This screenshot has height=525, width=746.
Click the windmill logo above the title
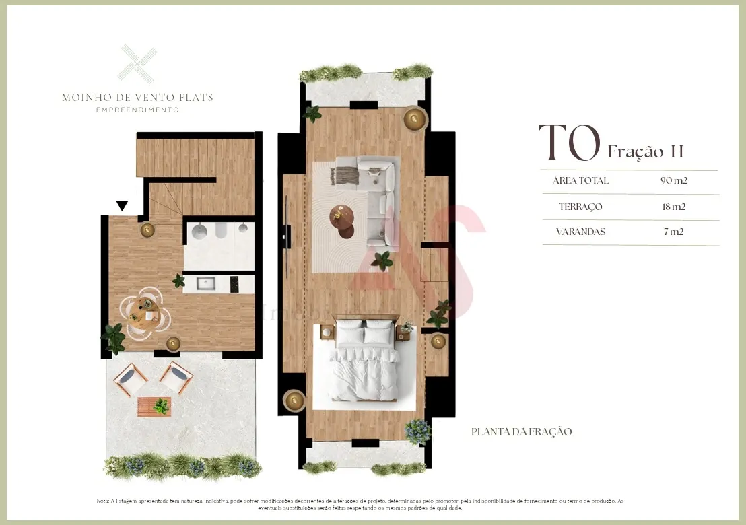tap(137, 63)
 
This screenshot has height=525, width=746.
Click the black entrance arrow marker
tap(122, 205)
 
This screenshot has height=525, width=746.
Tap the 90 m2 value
tap(673, 180)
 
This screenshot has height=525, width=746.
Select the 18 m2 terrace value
tap(673, 207)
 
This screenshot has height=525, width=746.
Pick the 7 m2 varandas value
tap(673, 232)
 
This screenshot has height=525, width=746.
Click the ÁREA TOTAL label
tap(580, 180)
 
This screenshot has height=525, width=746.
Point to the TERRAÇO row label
tap(580, 207)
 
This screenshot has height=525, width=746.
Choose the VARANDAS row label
tap(580, 232)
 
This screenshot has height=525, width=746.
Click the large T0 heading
tap(569, 143)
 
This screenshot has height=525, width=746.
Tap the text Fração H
tap(645, 151)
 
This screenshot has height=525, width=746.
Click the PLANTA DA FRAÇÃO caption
tap(522, 431)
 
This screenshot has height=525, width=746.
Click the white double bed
tap(364, 363)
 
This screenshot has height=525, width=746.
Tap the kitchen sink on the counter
tap(207, 283)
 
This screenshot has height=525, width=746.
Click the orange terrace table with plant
tap(154, 407)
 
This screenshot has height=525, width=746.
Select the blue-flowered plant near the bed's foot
tap(417, 430)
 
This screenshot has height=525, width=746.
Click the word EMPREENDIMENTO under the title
tap(137, 110)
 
